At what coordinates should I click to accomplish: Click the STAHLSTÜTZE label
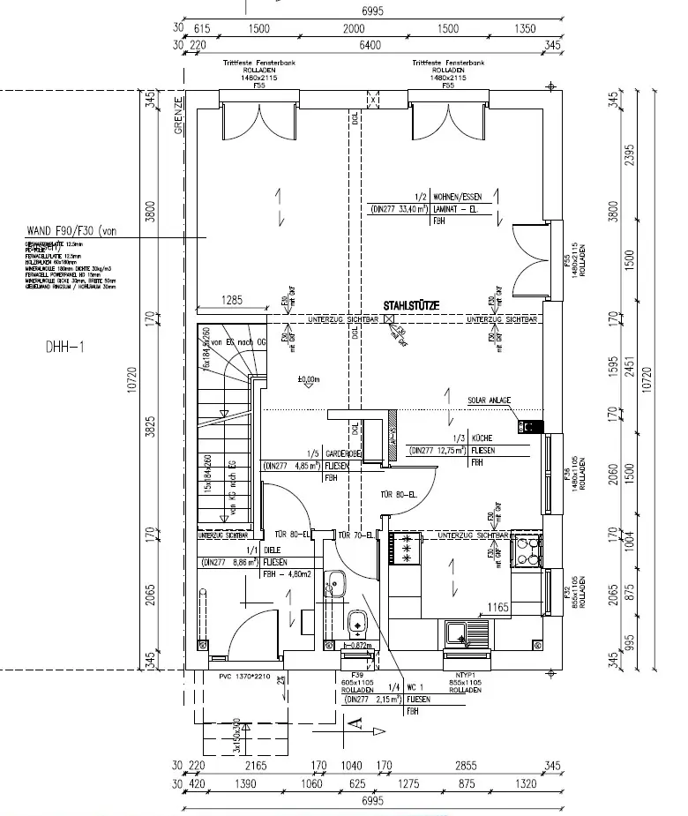[412, 306]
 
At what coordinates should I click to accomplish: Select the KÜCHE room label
[482, 438]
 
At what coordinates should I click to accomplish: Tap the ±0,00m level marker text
[308, 380]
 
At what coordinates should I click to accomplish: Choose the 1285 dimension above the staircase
[230, 301]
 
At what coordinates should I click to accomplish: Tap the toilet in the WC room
[357, 620]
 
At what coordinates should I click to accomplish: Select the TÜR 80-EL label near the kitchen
[398, 495]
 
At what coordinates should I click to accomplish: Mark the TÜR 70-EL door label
[355, 535]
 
